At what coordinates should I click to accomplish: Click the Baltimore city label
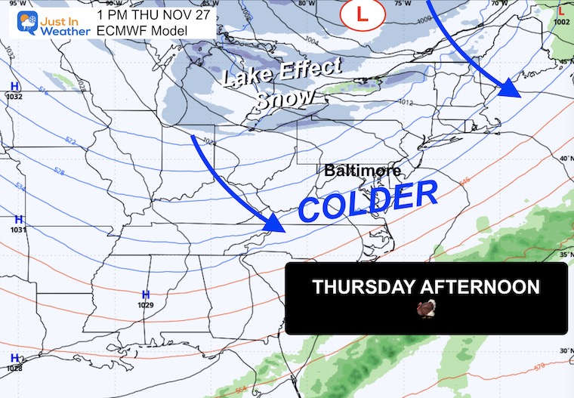tap(363, 171)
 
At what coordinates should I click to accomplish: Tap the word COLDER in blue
tap(369, 203)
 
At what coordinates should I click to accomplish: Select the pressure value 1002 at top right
tap(561, 23)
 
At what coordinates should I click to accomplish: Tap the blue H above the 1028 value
tap(14, 357)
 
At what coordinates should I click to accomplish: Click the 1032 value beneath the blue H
tap(14, 97)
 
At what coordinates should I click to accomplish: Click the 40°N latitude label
tap(565, 158)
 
